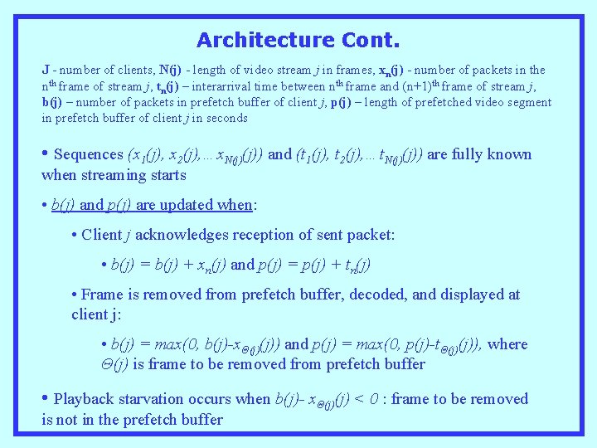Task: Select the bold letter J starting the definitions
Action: pyautogui.click(x=46, y=71)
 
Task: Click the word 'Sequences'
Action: pyautogui.click(x=88, y=154)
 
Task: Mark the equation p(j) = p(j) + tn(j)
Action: pyautogui.click(x=318, y=265)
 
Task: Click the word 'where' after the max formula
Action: pyautogui.click(x=507, y=344)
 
